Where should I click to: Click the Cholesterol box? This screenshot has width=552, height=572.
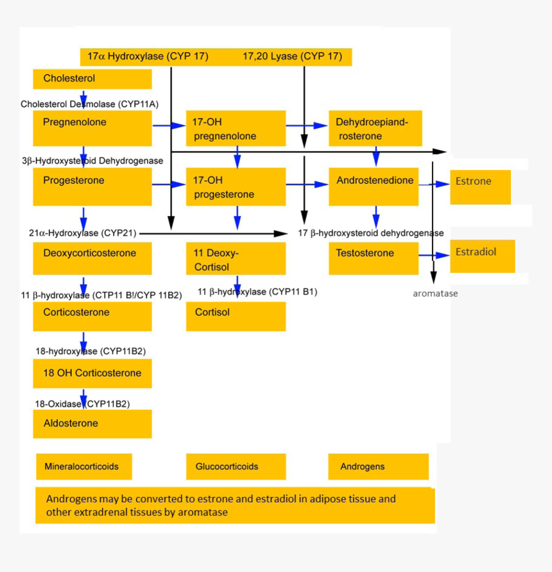[x=92, y=79]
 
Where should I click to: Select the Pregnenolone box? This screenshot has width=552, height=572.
[x=92, y=128]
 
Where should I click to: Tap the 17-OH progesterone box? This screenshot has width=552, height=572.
[x=236, y=187]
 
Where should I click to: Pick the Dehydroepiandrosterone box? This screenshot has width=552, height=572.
[x=375, y=128]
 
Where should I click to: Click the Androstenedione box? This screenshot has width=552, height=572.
[x=375, y=187]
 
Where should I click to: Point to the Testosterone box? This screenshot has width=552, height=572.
[x=375, y=258]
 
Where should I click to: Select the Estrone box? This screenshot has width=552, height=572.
[x=480, y=187]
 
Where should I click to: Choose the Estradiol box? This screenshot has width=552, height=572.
[x=482, y=256]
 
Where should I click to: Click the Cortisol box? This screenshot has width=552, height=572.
[x=236, y=316]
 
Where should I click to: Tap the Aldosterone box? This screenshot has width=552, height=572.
[x=92, y=424]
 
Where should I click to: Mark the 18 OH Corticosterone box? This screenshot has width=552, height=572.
[x=92, y=373]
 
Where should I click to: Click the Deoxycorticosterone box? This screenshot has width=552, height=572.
[x=92, y=258]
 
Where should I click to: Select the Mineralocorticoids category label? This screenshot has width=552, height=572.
[x=83, y=466]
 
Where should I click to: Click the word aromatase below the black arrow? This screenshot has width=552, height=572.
[x=435, y=294]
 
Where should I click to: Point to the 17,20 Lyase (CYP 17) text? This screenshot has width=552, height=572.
[x=292, y=56]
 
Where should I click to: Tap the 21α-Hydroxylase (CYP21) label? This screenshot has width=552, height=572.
[x=82, y=233]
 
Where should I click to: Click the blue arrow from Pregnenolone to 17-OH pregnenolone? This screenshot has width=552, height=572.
[x=169, y=126]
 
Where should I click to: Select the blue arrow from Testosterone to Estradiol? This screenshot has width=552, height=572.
[x=435, y=255]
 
